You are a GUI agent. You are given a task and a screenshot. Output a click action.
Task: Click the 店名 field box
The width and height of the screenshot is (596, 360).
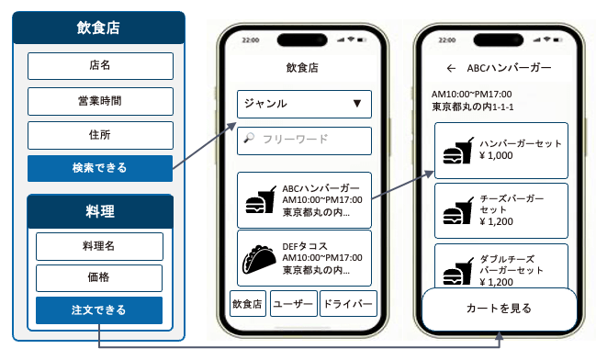[x=100, y=66]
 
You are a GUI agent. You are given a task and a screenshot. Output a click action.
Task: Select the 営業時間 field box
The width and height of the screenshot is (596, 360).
[x=100, y=101]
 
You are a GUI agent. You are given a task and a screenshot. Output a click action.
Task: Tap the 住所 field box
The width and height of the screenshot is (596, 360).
[x=100, y=135]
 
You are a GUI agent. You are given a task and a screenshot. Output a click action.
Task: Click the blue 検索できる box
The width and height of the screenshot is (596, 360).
[x=100, y=168]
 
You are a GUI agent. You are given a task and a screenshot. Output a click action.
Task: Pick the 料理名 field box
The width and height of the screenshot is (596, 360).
[x=99, y=246]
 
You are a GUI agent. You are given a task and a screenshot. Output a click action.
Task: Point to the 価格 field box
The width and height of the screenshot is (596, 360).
[x=99, y=277]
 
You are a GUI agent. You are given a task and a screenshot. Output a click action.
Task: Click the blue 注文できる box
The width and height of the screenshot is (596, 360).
[x=99, y=310]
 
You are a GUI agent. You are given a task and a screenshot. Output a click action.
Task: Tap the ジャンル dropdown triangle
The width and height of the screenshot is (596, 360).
[x=356, y=104]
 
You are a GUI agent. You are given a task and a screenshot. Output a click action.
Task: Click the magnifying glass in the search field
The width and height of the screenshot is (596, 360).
[x=249, y=138]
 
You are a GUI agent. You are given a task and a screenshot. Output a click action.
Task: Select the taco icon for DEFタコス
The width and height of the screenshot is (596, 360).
[x=259, y=259]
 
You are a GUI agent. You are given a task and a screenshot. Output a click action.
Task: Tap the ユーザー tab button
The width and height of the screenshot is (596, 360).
[x=294, y=304]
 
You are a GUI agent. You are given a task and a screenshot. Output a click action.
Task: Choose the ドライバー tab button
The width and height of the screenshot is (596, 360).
[x=348, y=304]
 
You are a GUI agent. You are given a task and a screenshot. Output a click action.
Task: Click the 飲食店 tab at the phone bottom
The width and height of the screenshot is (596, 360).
[x=247, y=304]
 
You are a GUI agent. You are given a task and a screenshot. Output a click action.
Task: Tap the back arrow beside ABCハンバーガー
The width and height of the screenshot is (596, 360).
[x=451, y=68]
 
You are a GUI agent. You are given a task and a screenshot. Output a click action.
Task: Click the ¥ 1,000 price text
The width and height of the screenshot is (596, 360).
[x=496, y=155]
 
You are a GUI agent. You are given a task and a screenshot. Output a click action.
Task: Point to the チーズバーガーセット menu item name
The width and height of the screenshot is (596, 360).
[x=512, y=204]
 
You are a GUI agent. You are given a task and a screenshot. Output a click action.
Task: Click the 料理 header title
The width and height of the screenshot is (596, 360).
[x=100, y=211]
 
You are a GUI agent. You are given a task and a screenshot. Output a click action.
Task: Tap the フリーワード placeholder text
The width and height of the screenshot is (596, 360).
[x=296, y=140]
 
